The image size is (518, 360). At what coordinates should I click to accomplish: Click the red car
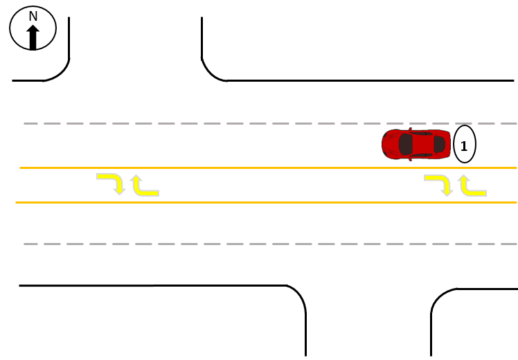[x=416, y=144]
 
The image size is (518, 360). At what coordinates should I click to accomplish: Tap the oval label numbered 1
[x=465, y=145]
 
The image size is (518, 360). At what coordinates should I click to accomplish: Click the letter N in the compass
[x=33, y=16]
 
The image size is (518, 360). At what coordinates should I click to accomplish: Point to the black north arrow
[x=33, y=37]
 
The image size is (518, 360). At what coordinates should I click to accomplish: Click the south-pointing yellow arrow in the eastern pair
[x=438, y=184]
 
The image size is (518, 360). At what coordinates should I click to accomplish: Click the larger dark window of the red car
[x=406, y=144]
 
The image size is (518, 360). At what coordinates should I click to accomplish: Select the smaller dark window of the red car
[x=439, y=144]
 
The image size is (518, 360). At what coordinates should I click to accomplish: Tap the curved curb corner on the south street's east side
[x=439, y=296]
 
